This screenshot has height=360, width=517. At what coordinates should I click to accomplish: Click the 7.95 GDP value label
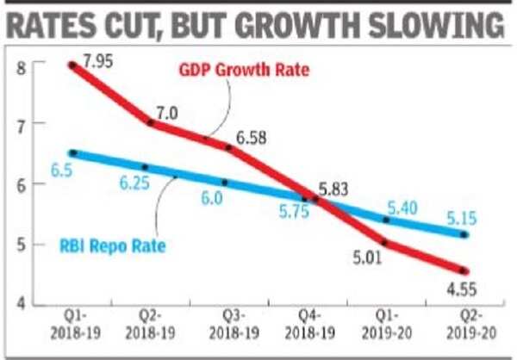click(x=100, y=61)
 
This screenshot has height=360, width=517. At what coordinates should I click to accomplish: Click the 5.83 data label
click(x=337, y=183)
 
